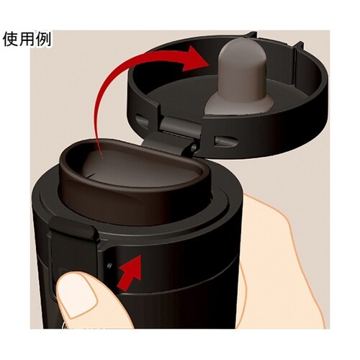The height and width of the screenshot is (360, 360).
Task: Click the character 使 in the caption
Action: [11, 39]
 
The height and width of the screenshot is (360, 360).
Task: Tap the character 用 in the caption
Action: [27, 39]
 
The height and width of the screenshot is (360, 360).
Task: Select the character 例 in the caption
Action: [43, 39]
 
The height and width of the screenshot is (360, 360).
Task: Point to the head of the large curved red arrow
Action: [197, 59]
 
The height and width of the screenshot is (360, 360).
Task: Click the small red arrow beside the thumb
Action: [129, 271]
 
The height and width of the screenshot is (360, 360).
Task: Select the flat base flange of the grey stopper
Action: [239, 104]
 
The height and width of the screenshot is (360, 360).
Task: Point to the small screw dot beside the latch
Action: [109, 266]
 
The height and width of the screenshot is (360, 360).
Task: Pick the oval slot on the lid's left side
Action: [142, 121]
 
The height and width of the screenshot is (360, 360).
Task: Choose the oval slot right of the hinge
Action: [225, 141]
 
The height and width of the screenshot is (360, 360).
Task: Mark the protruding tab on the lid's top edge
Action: [251, 35]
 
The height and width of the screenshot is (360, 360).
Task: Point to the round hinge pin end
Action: [194, 148]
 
